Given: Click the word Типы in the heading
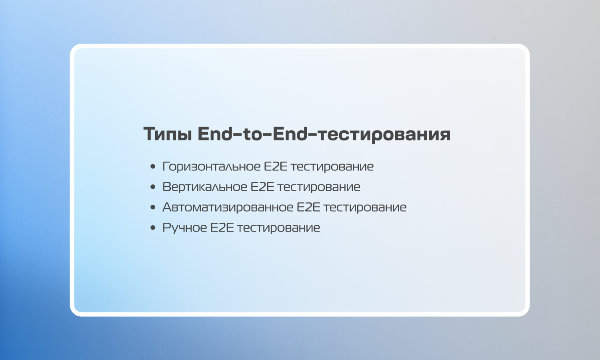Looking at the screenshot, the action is point(168,134).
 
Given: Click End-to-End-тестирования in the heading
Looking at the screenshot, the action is point(324,134).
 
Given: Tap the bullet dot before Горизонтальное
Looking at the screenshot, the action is point(153,167).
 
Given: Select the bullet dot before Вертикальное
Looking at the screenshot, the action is point(153,187).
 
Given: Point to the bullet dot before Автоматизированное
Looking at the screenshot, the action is point(153,207).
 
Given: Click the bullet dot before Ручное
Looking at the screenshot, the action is point(153,228).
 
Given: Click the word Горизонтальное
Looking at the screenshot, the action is point(212,167).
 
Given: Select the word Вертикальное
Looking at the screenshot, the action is point(205,187).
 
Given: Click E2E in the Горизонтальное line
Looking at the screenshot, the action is point(276,167).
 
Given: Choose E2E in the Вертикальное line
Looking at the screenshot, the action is point(262,187).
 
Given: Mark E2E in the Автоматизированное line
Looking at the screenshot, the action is point(308,207).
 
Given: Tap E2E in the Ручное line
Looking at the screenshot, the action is point(222,228).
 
